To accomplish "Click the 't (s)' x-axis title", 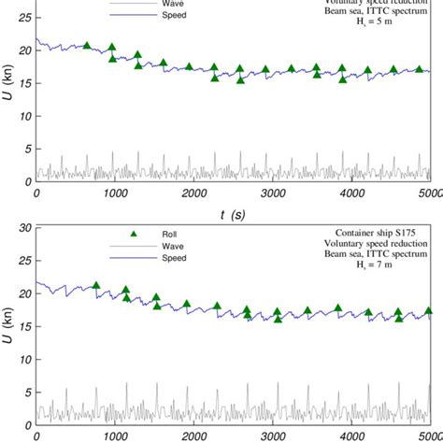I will [233, 214].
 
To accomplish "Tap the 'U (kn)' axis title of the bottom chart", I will [8, 327].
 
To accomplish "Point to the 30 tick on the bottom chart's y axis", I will [25, 227].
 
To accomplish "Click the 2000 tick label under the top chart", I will [193, 193].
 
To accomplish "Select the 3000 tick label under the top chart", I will [272, 193].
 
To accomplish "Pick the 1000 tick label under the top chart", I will [115, 193].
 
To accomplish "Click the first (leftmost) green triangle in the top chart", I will [87, 46].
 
